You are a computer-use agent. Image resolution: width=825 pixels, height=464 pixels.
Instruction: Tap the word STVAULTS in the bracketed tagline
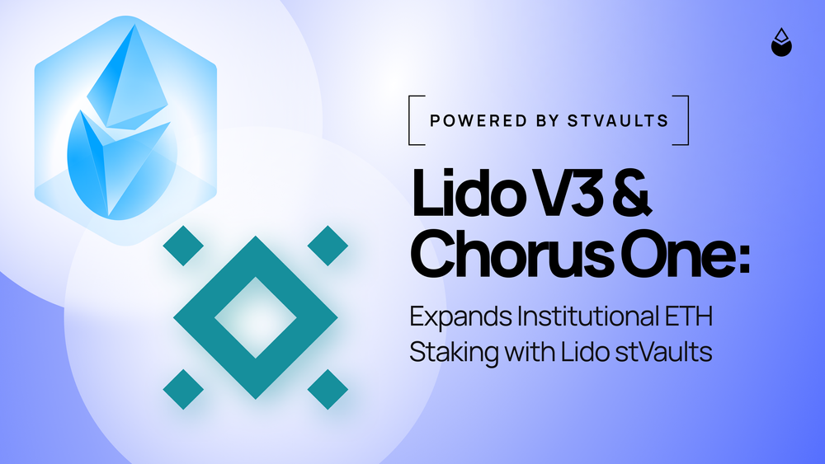618,121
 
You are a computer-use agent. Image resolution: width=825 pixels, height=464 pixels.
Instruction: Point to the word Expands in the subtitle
461,316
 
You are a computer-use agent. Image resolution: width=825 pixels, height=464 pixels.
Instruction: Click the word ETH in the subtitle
689,316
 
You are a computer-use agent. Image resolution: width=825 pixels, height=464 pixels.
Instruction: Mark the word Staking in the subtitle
454,352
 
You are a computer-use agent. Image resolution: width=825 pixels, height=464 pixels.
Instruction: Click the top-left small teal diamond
183,246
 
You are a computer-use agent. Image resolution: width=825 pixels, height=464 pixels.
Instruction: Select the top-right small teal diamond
328,246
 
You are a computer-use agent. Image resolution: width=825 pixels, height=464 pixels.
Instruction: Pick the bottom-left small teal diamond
183,389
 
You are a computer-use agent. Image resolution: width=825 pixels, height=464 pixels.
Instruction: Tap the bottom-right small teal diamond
328,389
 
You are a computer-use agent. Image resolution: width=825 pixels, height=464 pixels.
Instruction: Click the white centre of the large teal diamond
256,318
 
